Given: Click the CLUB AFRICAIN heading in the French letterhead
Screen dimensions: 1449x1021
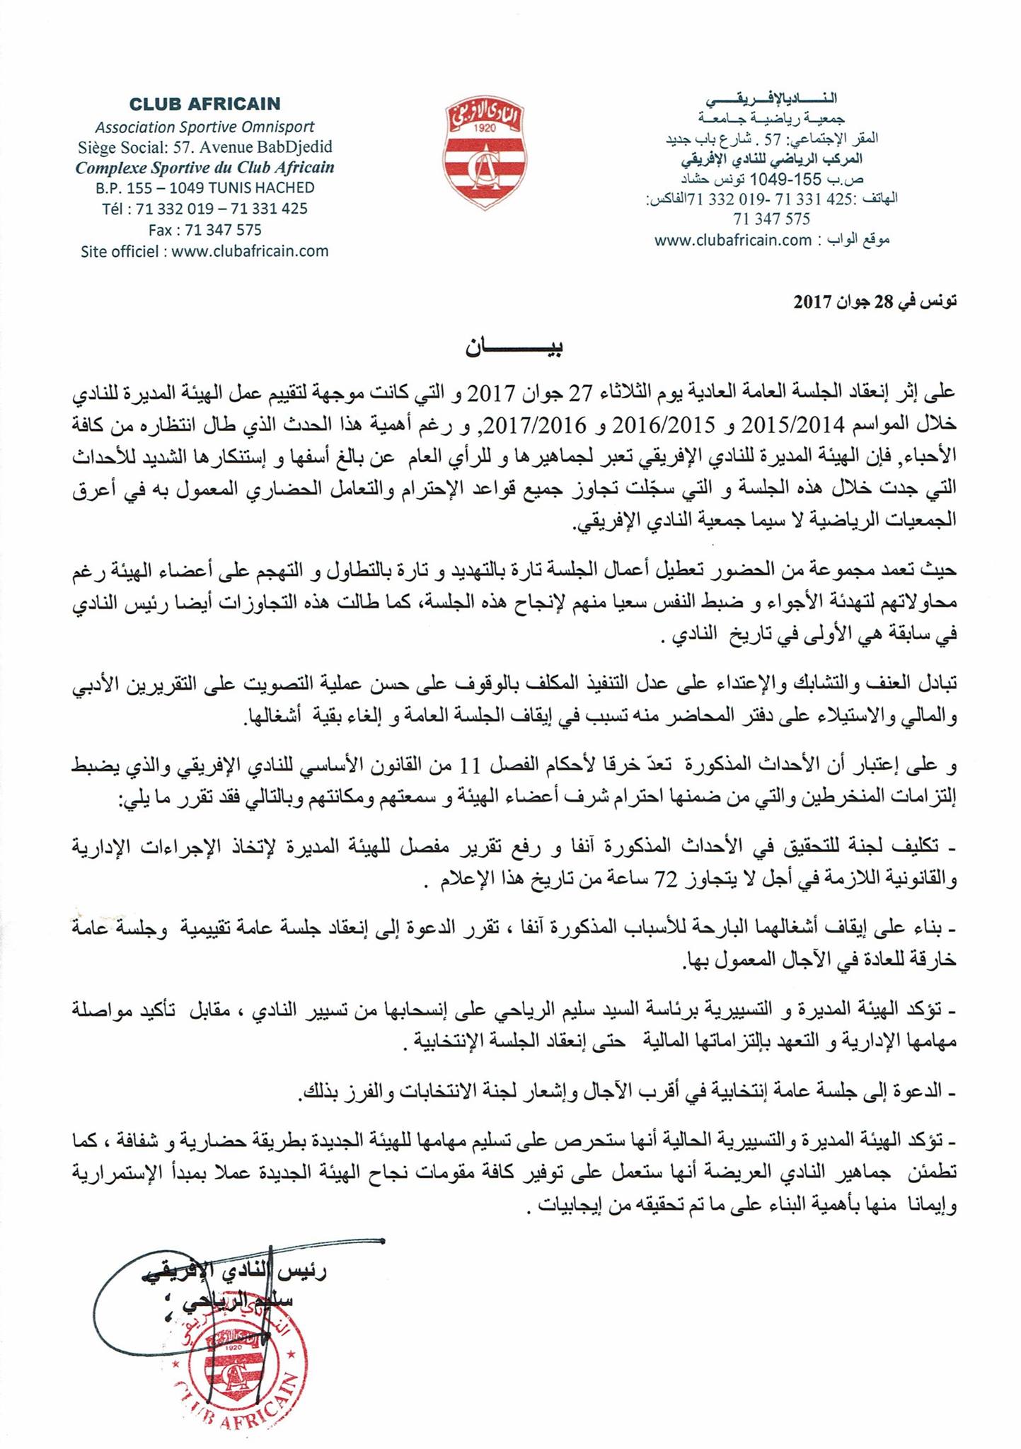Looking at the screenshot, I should click(x=204, y=104).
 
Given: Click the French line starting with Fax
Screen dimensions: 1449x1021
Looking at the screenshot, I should click(x=204, y=230).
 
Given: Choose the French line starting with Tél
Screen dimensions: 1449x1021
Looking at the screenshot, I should click(x=204, y=209).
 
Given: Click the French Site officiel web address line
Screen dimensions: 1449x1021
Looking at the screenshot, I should click(x=204, y=251).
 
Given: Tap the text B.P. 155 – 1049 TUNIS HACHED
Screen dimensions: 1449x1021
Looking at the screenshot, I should click(x=204, y=188).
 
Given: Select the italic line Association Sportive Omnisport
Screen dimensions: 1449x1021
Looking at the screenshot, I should click(x=204, y=127).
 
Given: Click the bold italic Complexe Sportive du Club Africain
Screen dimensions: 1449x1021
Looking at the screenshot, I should click(x=204, y=168).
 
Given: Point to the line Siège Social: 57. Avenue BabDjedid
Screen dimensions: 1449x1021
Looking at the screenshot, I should click(x=204, y=148).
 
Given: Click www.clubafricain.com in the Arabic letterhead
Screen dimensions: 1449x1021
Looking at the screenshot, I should click(x=732, y=240).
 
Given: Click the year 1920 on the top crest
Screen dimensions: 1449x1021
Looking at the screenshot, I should click(x=485, y=127).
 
